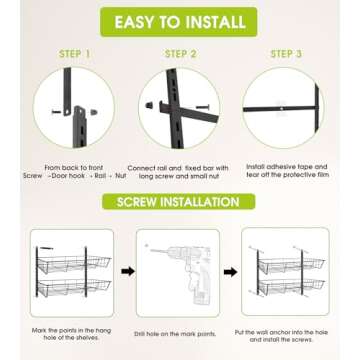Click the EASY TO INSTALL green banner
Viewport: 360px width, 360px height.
click(x=179, y=22)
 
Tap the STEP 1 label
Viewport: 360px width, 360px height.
click(x=75, y=54)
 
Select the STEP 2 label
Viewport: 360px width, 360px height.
click(x=180, y=54)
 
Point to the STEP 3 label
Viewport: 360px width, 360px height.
click(x=286, y=54)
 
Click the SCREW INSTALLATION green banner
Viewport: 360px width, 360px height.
click(x=179, y=202)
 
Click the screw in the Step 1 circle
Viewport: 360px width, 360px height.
click(x=56, y=112)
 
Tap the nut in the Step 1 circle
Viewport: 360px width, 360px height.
click(x=95, y=112)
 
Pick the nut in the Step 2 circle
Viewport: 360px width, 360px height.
click(x=149, y=105)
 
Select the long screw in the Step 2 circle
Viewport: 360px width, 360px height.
click(x=202, y=107)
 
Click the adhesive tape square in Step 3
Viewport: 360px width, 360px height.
click(x=282, y=108)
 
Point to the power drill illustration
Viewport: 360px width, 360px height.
click(x=182, y=272)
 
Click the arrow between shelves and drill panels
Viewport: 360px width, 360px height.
click(x=128, y=271)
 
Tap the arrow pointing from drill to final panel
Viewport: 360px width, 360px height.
click(x=230, y=272)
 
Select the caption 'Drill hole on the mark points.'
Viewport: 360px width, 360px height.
click(x=175, y=334)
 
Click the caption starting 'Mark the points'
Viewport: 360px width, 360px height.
click(x=71, y=334)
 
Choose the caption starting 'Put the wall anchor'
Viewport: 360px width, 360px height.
click(x=281, y=336)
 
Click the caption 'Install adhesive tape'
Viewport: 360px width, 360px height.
click(x=287, y=171)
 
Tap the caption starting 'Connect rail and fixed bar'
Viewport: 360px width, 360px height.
click(x=178, y=172)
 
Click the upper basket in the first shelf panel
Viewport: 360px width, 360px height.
click(x=74, y=264)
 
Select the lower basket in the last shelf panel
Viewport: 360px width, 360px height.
click(x=291, y=287)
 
